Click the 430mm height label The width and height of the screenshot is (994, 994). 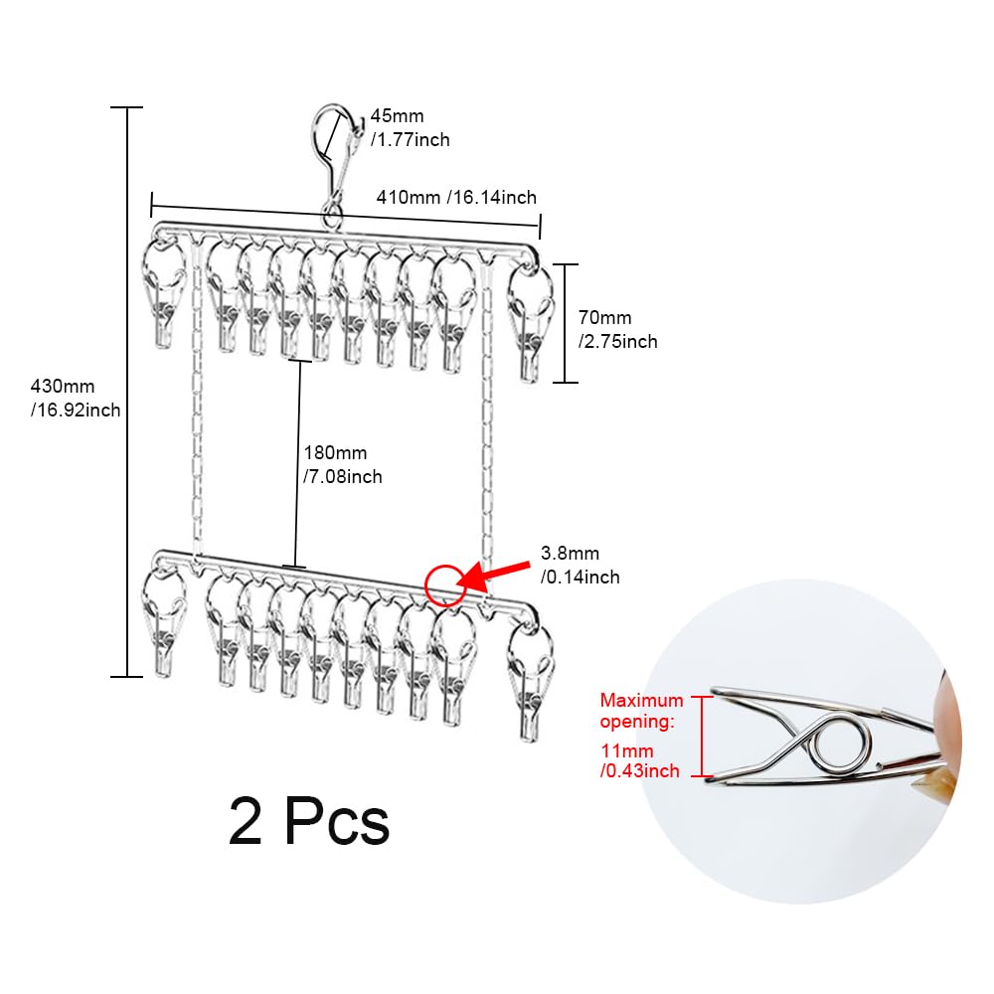[x=76, y=398]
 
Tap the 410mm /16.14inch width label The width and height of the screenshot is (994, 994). [x=456, y=197]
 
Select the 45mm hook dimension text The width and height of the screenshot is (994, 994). [x=411, y=127]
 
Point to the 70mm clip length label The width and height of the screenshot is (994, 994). [x=617, y=330]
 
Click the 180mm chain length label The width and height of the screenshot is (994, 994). [x=342, y=464]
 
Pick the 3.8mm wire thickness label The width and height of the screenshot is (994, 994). [x=580, y=565]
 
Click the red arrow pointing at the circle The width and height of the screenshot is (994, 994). [x=493, y=575]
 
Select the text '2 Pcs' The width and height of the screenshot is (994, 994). [x=309, y=822]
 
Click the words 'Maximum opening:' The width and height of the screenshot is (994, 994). [x=641, y=711]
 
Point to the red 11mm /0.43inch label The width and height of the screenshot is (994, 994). [x=639, y=760]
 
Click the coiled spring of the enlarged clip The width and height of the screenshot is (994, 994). [x=838, y=745]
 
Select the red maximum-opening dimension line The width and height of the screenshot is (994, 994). [x=702, y=736]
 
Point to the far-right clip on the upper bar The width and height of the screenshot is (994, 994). [x=530, y=323]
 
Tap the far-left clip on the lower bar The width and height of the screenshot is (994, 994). [x=164, y=622]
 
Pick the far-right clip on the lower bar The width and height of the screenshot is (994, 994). [x=531, y=682]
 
